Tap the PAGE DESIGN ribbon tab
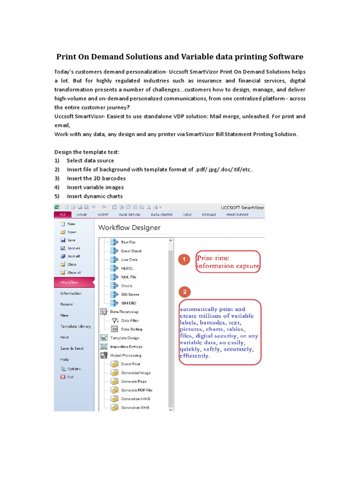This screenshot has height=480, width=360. coord(129,215)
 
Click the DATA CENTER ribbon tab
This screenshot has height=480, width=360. coord(161,215)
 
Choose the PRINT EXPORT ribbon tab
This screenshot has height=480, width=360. coord(238,215)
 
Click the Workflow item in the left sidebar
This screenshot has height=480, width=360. coord(69,282)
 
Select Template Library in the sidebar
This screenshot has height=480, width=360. coord(75,326)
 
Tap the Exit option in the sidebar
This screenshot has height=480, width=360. coord(70,376)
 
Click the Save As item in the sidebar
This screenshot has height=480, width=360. coord(74,248)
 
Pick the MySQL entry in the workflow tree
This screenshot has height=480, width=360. coord(127,268)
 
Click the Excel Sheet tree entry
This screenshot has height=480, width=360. coord(131,251)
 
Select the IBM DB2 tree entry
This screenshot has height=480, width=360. coord(129,303)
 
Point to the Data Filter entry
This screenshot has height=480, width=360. coord(129,321)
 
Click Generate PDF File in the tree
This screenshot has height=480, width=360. coord(136,390)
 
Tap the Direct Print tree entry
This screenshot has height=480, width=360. coord(130,364)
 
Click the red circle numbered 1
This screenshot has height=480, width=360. coord(185,259)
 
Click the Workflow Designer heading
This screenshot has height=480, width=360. coord(129,228)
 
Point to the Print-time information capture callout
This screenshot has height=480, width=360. coord(228,262)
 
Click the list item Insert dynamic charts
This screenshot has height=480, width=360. coord(95,196)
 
